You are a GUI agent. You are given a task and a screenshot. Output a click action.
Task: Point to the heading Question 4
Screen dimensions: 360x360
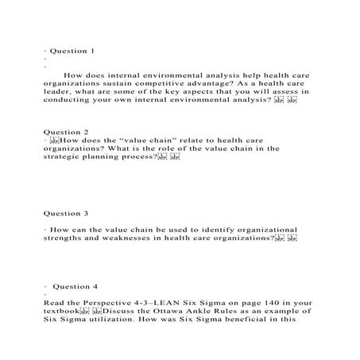[x=76, y=285]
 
